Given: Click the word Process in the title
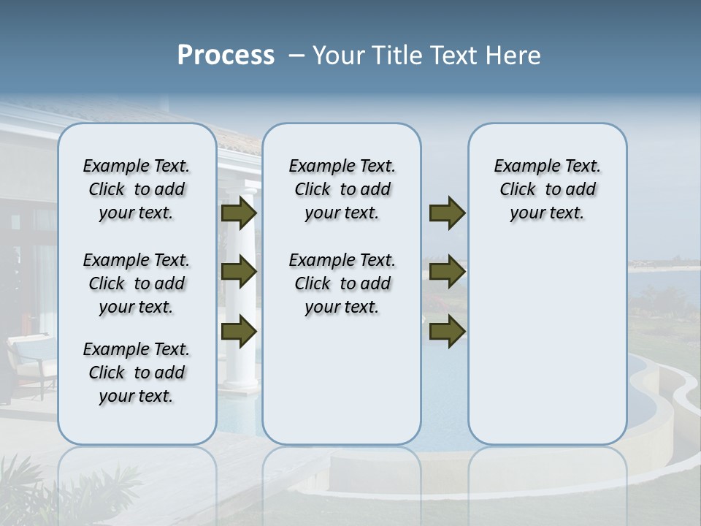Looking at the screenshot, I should pyautogui.click(x=226, y=56).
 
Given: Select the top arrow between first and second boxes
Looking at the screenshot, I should pyautogui.click(x=239, y=213).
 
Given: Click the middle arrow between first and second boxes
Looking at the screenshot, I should pyautogui.click(x=239, y=272).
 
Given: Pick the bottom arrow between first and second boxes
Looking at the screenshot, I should pyautogui.click(x=239, y=332).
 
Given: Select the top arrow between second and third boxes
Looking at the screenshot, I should pyautogui.click(x=447, y=213).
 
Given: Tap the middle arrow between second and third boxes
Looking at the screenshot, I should pyautogui.click(x=447, y=272).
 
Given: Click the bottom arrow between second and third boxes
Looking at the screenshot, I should pyautogui.click(x=447, y=332).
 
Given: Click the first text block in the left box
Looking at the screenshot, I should pyautogui.click(x=137, y=189).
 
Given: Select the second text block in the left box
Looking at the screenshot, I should pyautogui.click(x=137, y=283).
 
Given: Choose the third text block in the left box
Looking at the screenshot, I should pyautogui.click(x=137, y=373).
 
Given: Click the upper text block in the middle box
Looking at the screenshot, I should pyautogui.click(x=342, y=189).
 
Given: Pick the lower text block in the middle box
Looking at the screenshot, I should pyautogui.click(x=342, y=283).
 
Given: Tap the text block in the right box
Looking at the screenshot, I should pyautogui.click(x=547, y=189).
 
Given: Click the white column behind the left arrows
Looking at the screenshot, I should pyautogui.click(x=240, y=365).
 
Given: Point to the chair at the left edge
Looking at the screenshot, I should pyautogui.click(x=29, y=362).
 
